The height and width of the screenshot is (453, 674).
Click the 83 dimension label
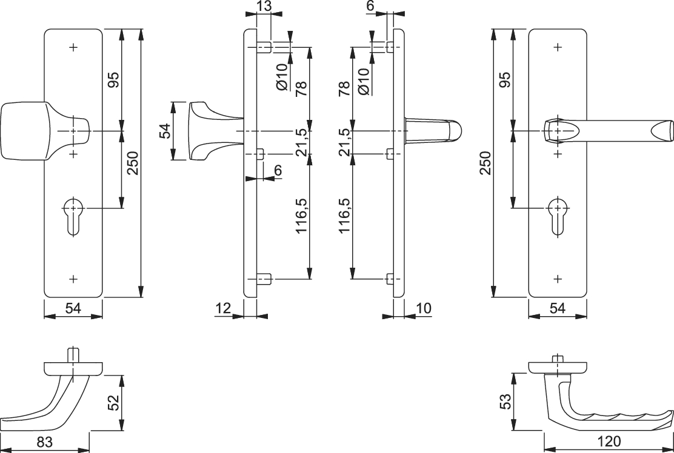(x=44, y=443)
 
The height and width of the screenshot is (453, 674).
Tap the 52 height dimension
(x=113, y=403)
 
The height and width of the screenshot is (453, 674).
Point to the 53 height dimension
(x=505, y=400)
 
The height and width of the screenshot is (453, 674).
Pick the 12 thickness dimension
(x=223, y=308)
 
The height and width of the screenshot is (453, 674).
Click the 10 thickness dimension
(x=424, y=308)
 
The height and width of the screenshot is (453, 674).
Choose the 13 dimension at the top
(x=264, y=7)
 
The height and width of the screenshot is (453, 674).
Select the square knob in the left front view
(x=24, y=131)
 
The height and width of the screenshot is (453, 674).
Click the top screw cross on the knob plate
(x=74, y=47)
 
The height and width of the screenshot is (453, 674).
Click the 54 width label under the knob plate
(x=73, y=308)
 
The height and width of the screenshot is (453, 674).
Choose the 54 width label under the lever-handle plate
(x=557, y=308)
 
